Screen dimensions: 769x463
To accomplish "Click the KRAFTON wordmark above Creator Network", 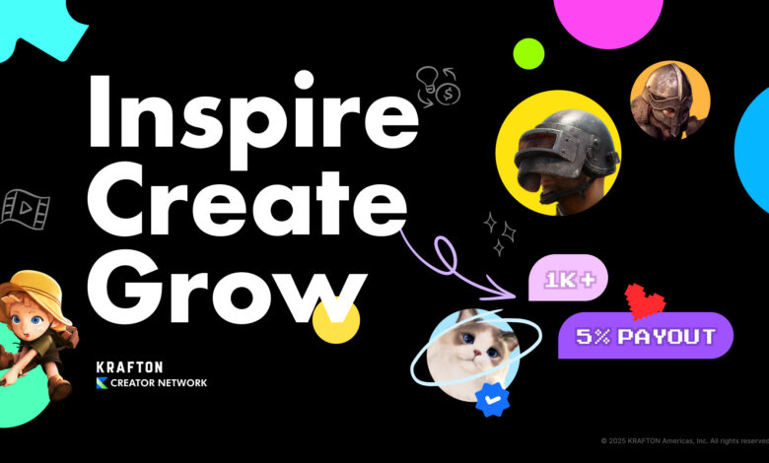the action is coord(129,367).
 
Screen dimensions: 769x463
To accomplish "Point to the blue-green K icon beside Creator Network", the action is coord(102,382).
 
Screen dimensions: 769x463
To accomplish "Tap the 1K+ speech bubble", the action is coord(568,278).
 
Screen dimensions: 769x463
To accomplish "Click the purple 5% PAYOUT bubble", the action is coord(646,336).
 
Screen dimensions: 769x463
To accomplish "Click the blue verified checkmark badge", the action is coord(492,400).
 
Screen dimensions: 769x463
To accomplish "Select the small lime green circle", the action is coord(528,54).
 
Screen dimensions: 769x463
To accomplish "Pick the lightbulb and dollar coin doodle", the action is coord(438,87).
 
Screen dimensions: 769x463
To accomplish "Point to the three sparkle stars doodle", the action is coord(499,234).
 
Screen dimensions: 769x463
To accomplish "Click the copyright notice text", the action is coord(684,441).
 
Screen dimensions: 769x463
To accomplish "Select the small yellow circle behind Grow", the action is coord(336,321).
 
